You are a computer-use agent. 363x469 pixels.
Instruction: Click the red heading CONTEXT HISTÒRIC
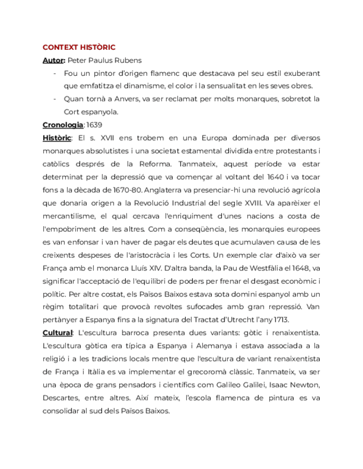[x=79, y=48]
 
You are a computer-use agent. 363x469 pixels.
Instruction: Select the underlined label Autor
[x=53, y=60]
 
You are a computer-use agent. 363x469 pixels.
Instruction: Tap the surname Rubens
[x=127, y=60]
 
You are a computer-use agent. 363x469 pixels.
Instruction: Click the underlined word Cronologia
[x=63, y=124]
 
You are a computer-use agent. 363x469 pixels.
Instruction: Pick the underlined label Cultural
[x=58, y=332]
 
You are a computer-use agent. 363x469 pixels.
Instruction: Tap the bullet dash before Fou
[x=54, y=73]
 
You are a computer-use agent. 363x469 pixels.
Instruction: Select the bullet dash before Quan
[x=54, y=99]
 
